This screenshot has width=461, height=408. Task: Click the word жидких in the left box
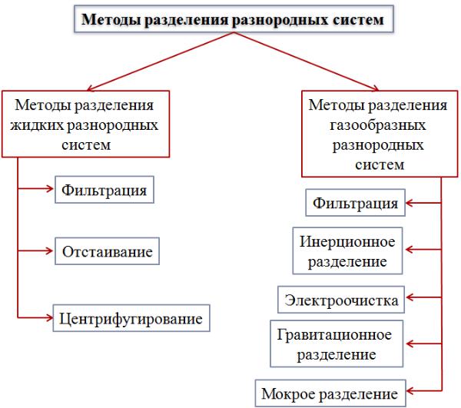[37, 125]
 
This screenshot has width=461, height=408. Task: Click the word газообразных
[377, 125]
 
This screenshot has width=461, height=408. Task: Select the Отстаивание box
[107, 251]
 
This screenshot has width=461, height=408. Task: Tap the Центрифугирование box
[131, 318]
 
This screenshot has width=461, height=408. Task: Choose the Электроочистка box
[341, 300]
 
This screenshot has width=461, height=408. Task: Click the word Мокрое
[288, 394]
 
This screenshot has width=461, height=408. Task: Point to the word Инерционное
[347, 241]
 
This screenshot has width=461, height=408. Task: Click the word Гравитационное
[334, 335]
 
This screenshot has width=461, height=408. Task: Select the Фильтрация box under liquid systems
[104, 190]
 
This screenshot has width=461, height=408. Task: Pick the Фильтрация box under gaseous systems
[356, 203]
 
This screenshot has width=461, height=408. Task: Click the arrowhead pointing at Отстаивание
[49, 251]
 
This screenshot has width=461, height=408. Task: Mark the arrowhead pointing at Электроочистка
[410, 297]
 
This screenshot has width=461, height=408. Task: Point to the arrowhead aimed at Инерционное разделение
[410, 250]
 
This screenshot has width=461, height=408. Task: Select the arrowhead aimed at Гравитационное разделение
[410, 343]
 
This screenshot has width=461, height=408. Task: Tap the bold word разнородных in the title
[280, 20]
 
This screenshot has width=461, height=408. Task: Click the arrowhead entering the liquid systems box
[91, 88]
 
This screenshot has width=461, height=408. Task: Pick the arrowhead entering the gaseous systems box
[375, 88]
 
